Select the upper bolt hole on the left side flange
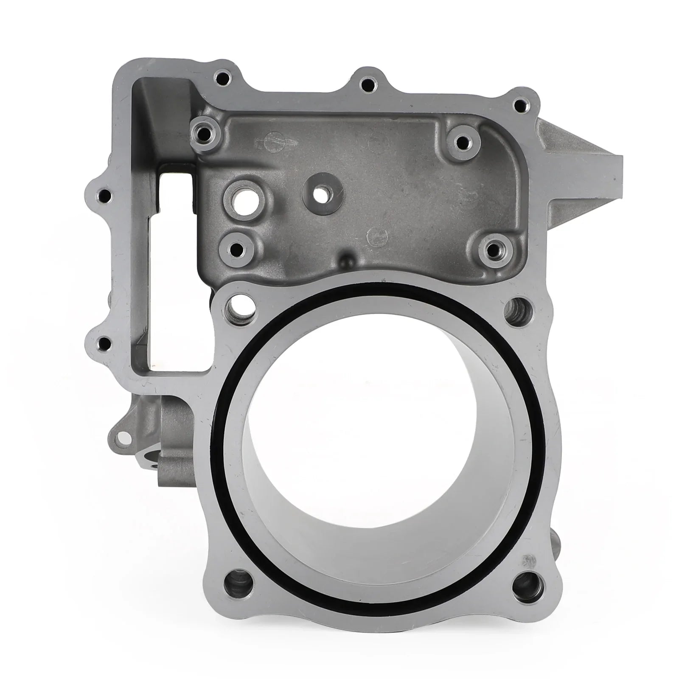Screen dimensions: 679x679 [103, 196]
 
